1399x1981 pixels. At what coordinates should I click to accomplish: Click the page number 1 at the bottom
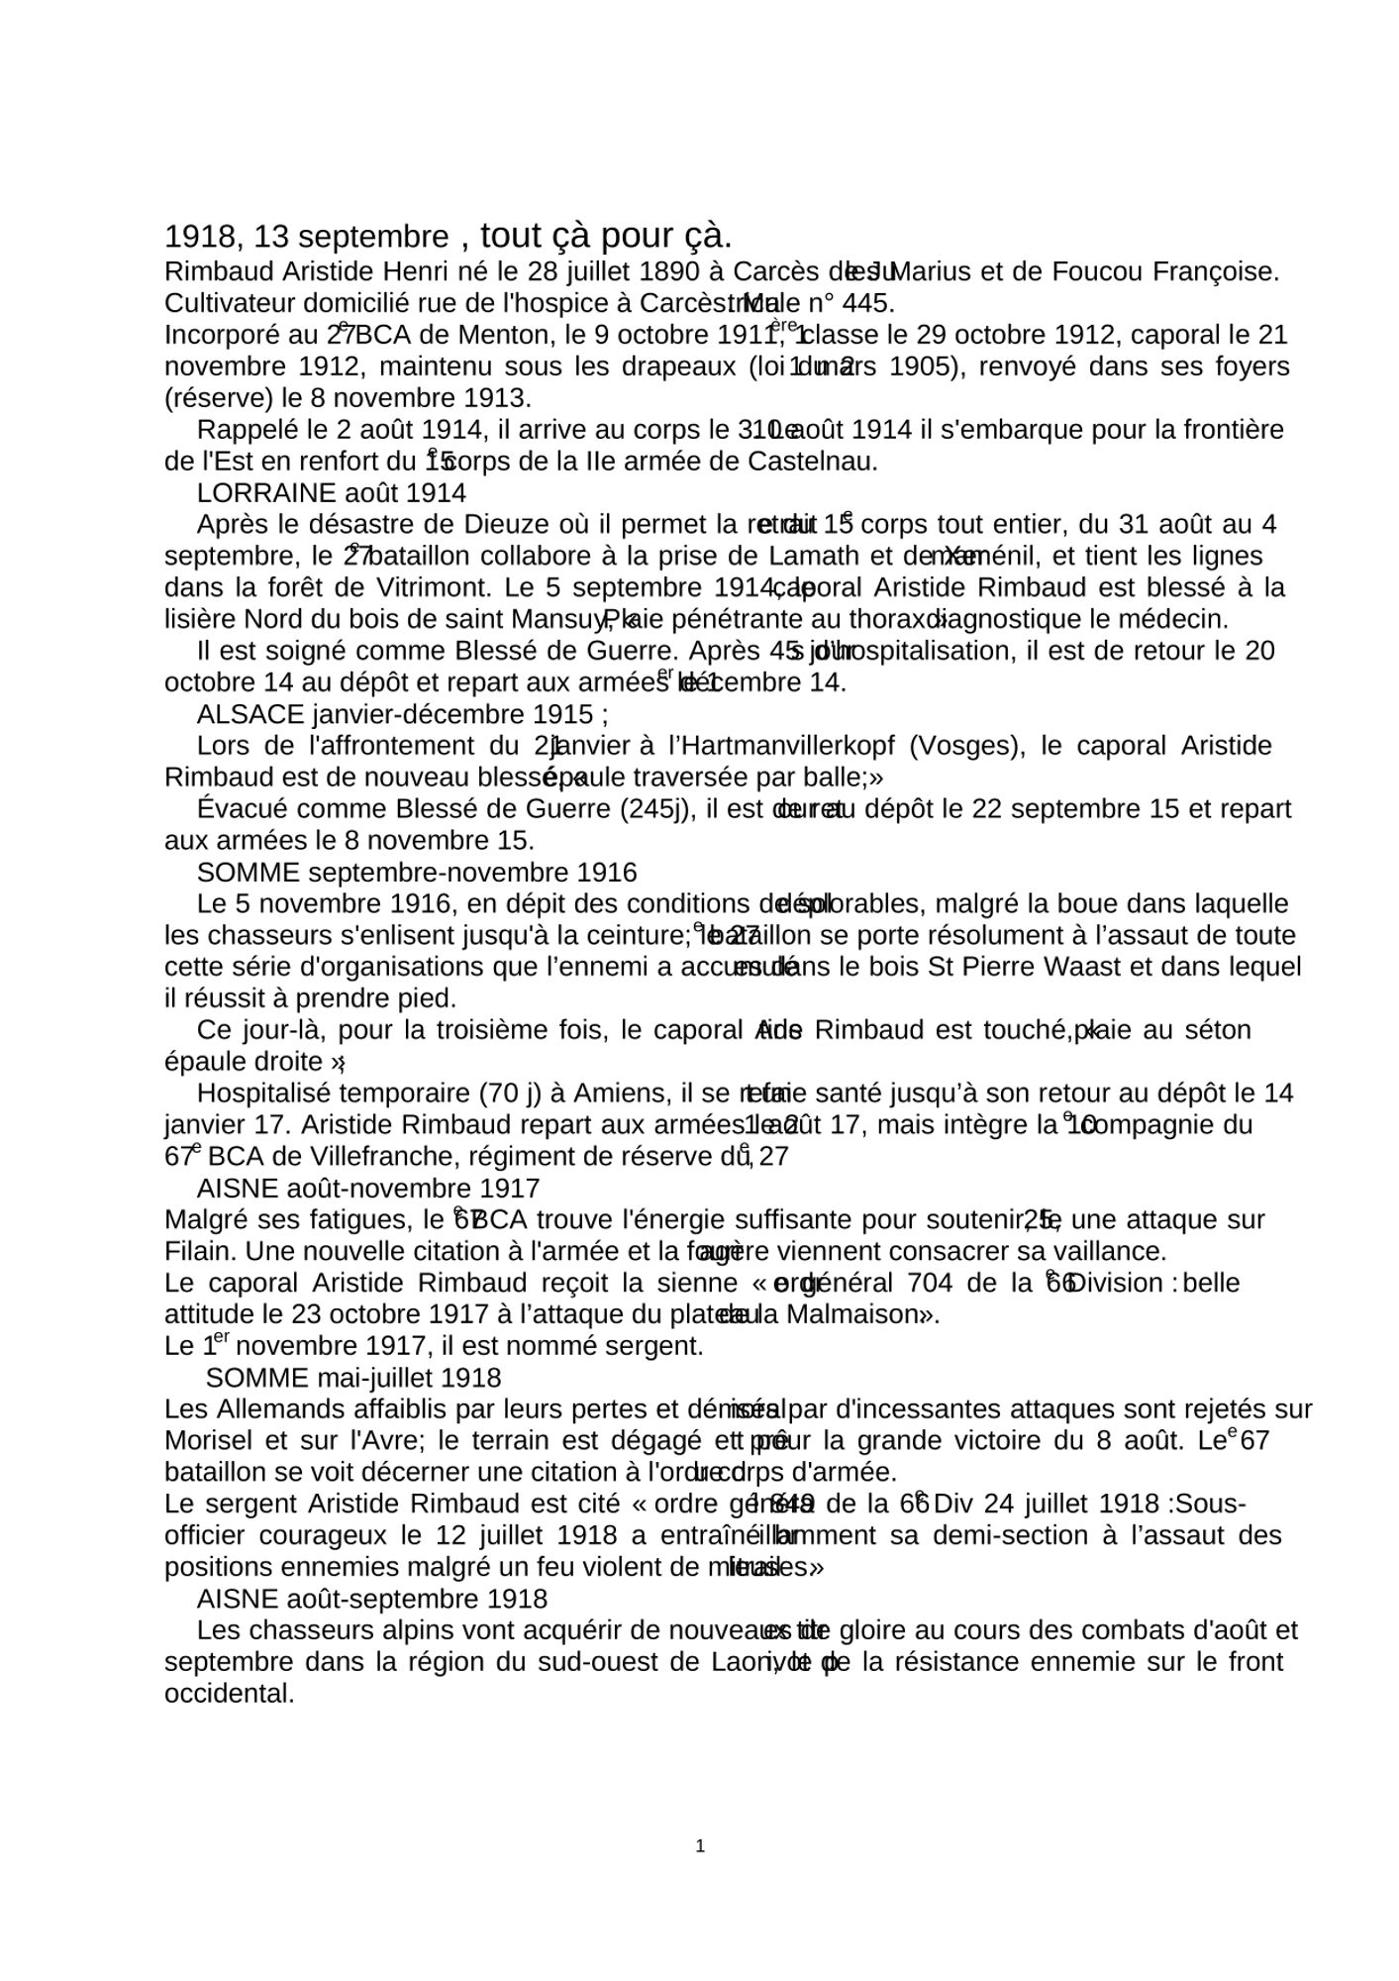(700, 1845)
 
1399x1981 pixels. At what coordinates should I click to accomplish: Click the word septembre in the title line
(373, 237)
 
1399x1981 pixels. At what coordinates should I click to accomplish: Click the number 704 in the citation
(932, 1283)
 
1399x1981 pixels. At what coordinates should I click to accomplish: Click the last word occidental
(230, 1693)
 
